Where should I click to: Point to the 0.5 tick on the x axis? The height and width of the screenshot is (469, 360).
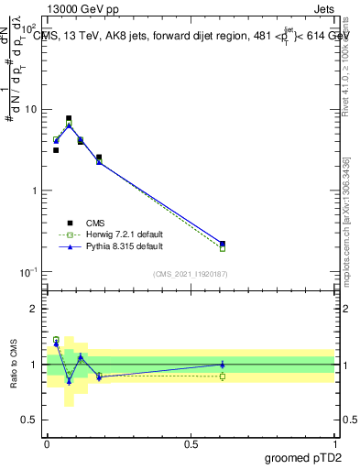pyautogui.click(x=191, y=442)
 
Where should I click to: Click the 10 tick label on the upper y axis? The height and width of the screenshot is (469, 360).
pyautogui.click(x=31, y=110)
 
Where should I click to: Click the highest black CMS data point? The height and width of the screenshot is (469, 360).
pyautogui.click(x=69, y=118)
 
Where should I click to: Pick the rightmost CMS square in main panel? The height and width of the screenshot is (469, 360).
pyautogui.click(x=223, y=244)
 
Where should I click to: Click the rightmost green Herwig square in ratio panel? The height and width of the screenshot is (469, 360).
pyautogui.click(x=223, y=376)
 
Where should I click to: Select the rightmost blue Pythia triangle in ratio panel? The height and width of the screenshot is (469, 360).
pyautogui.click(x=223, y=364)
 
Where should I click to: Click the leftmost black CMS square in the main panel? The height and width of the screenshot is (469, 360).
pyautogui.click(x=56, y=150)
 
